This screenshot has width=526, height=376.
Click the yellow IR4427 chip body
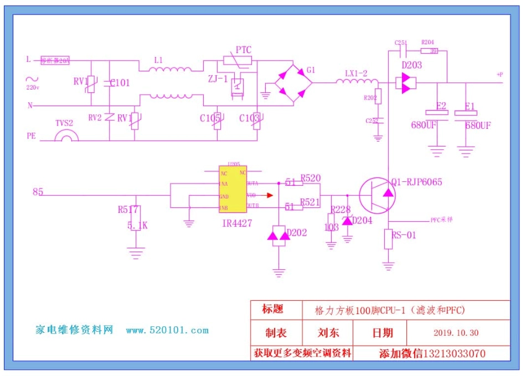pos(233,190)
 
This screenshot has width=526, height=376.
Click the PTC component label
pos(244,50)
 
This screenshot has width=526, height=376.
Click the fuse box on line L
pos(54,61)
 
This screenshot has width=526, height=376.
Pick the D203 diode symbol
pos(406,83)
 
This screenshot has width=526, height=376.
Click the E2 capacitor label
pos(441,106)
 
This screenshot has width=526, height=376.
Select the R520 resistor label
pos(310,178)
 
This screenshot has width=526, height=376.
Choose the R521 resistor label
pos(310,202)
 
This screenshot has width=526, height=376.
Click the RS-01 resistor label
pos(404,235)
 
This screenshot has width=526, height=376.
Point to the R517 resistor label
pos(128,210)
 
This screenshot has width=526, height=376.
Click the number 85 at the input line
pos(38,192)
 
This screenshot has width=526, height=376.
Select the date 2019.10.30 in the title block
pos(456,333)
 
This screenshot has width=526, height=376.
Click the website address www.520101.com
pos(167,331)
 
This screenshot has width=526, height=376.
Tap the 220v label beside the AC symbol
pos(33,87)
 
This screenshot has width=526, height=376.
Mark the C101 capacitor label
pos(120,83)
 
